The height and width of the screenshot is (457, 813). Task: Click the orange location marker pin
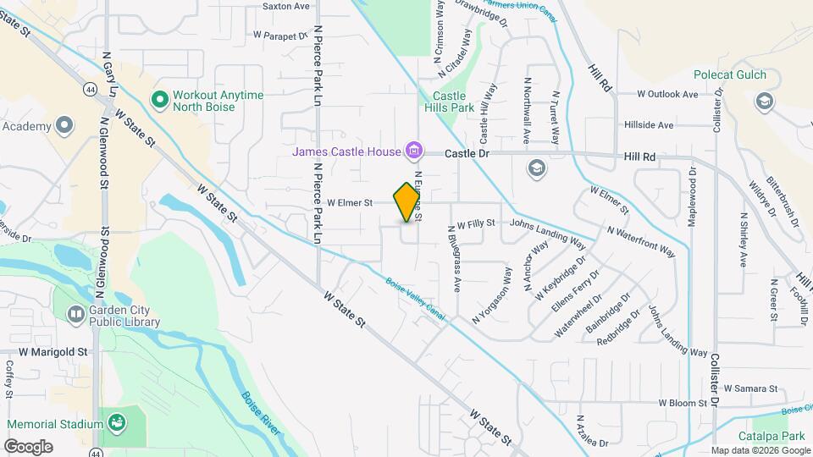click(407, 201)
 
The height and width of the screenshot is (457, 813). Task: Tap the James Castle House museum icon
click(414, 151)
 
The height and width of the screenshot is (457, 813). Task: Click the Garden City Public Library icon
click(75, 314)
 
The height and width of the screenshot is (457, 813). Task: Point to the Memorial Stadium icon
click(117, 421)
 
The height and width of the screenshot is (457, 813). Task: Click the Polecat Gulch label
click(729, 74)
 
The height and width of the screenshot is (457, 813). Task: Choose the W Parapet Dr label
click(279, 36)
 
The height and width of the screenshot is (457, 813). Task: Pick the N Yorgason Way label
click(492, 295)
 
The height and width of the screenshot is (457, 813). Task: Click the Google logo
click(28, 447)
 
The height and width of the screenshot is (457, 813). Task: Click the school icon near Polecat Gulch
click(765, 102)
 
